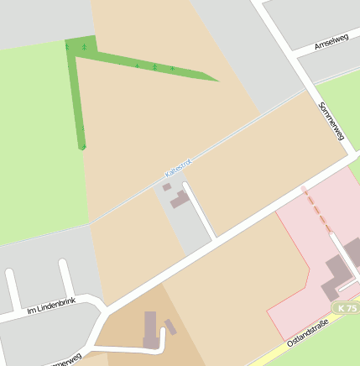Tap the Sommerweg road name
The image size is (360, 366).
click(332, 121)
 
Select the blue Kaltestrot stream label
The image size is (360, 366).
click(179, 168)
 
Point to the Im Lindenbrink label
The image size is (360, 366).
click(51, 309)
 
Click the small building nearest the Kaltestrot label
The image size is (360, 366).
click(167, 187)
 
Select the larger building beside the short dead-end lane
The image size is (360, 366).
click(180, 200)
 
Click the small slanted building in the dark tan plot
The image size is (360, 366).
click(170, 326)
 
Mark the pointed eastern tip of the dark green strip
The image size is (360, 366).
click(217, 81)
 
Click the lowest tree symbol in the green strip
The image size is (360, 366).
click(82, 147)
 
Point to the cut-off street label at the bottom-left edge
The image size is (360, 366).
click(65, 361)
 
